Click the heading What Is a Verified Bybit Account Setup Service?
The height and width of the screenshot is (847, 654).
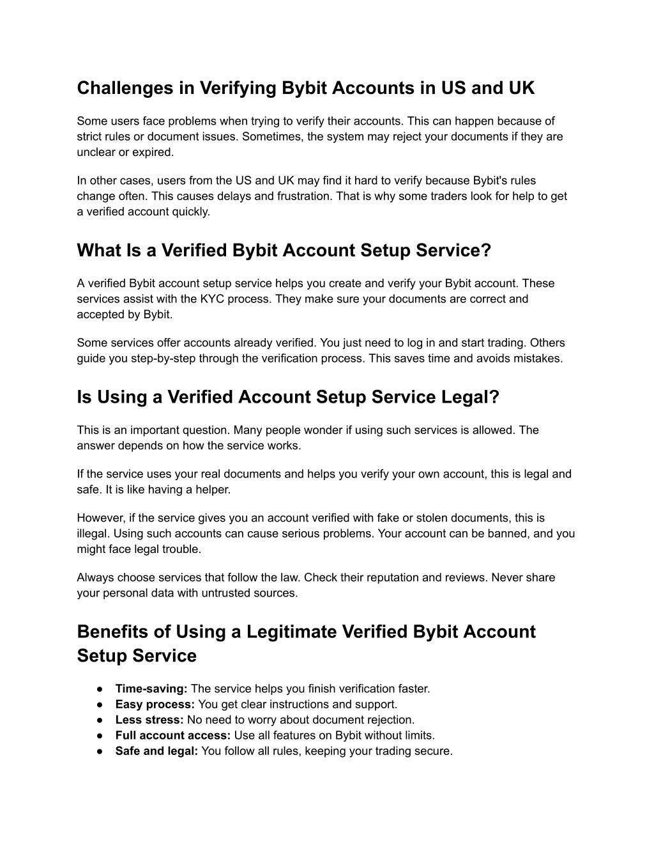click(284, 251)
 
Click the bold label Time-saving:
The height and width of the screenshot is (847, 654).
click(151, 688)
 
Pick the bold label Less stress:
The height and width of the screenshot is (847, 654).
click(149, 720)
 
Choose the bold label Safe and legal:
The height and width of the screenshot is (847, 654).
click(156, 751)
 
